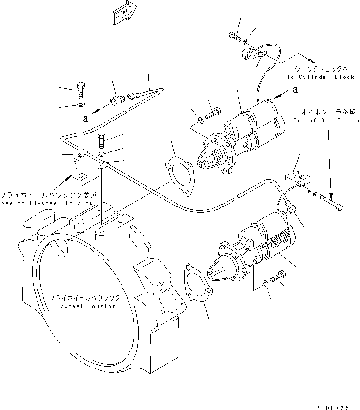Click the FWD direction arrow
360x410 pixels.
[x=124, y=13]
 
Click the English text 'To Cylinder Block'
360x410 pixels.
[x=320, y=77]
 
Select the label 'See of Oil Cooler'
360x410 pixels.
[x=326, y=121]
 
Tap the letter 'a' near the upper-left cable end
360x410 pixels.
[x=85, y=119]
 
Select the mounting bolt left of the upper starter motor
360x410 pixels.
[x=213, y=112]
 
